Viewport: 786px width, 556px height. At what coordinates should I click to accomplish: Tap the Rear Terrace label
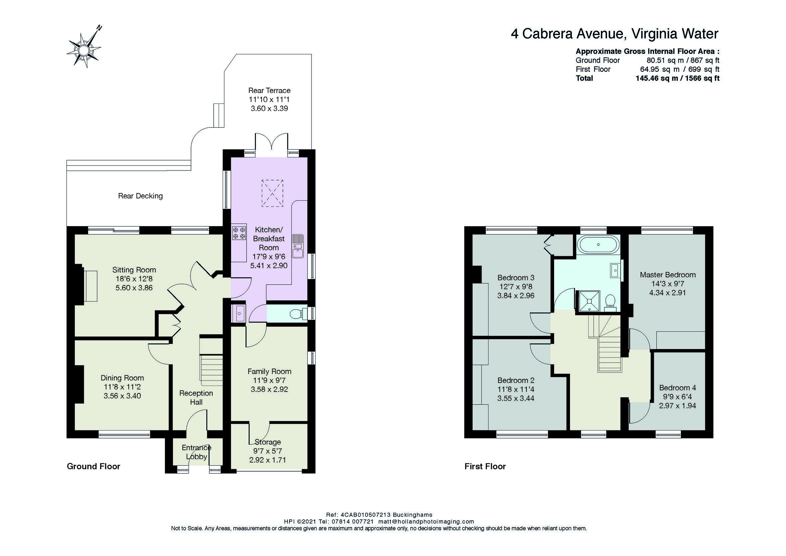tap(269, 91)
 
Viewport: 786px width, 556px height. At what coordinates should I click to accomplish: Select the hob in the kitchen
tap(239, 232)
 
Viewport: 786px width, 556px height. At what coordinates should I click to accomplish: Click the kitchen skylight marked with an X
tap(273, 193)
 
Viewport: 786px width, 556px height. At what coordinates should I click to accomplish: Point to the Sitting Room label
tap(134, 270)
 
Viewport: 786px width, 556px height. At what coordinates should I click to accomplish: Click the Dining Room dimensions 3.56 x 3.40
tap(122, 396)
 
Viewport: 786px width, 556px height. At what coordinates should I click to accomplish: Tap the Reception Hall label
tap(196, 398)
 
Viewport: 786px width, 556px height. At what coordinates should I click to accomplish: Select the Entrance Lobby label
tap(196, 452)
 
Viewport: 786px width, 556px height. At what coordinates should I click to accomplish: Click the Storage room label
tap(268, 442)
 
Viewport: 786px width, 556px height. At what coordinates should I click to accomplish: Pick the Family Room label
tap(270, 371)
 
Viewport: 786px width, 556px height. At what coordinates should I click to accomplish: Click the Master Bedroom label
tap(668, 275)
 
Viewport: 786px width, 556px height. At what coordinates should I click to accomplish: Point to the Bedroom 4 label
tap(678, 388)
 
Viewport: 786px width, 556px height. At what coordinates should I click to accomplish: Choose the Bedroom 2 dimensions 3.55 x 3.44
tap(515, 399)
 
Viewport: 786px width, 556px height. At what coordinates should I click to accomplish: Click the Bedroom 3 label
tap(515, 277)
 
